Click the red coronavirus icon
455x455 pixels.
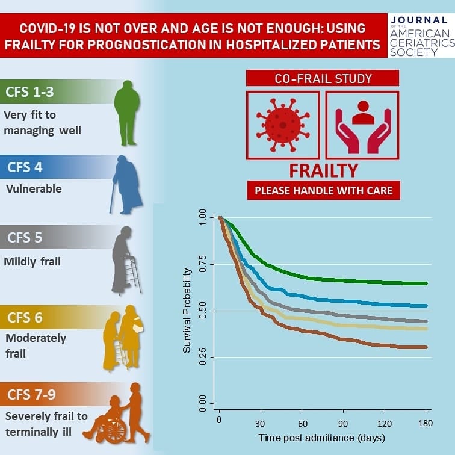point(283,125)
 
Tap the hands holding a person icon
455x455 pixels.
point(363,127)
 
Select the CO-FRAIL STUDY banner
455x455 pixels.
point(323,78)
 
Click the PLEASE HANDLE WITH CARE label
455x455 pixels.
point(324,190)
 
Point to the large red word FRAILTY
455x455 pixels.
point(324,170)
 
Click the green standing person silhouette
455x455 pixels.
point(127,113)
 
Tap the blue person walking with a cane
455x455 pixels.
point(126,185)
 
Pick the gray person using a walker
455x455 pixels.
point(126,260)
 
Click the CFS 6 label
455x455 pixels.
point(25,318)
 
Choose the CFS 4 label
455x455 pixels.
point(25,167)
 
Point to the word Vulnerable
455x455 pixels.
point(34,189)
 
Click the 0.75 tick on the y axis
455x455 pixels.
point(203,264)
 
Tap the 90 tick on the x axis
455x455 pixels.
point(343,424)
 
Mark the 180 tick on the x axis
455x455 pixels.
point(426,423)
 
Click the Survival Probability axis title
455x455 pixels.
point(187,311)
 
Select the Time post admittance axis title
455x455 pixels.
point(322,438)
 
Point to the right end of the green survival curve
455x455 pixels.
point(427,283)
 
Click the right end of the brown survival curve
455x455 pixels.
point(427,347)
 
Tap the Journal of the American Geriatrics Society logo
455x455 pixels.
point(421,36)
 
